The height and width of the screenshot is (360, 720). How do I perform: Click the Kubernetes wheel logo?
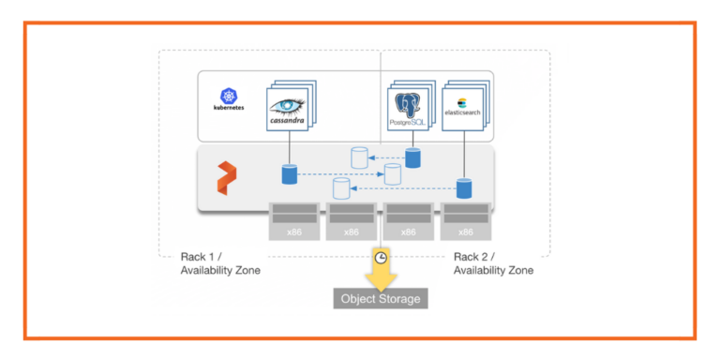(x=230, y=95)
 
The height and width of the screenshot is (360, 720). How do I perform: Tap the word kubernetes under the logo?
(x=230, y=108)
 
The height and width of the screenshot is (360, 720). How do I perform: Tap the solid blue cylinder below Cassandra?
(x=290, y=174)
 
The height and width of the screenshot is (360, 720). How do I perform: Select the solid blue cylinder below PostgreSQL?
(x=412, y=157)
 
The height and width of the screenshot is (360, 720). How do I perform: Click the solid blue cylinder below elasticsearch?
(x=463, y=188)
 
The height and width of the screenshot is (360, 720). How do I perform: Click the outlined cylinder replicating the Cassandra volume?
(x=392, y=174)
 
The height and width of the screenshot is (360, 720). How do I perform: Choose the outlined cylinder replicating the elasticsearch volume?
(x=340, y=189)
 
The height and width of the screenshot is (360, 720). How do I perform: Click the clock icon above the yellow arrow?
(x=381, y=258)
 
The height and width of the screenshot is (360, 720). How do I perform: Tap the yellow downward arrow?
(x=381, y=277)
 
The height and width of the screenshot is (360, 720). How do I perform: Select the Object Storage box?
(x=381, y=299)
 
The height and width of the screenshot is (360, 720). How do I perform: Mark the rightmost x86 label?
(x=465, y=232)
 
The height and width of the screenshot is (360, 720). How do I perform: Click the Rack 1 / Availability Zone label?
(x=220, y=263)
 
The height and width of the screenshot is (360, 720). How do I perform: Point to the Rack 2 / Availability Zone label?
(x=493, y=263)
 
